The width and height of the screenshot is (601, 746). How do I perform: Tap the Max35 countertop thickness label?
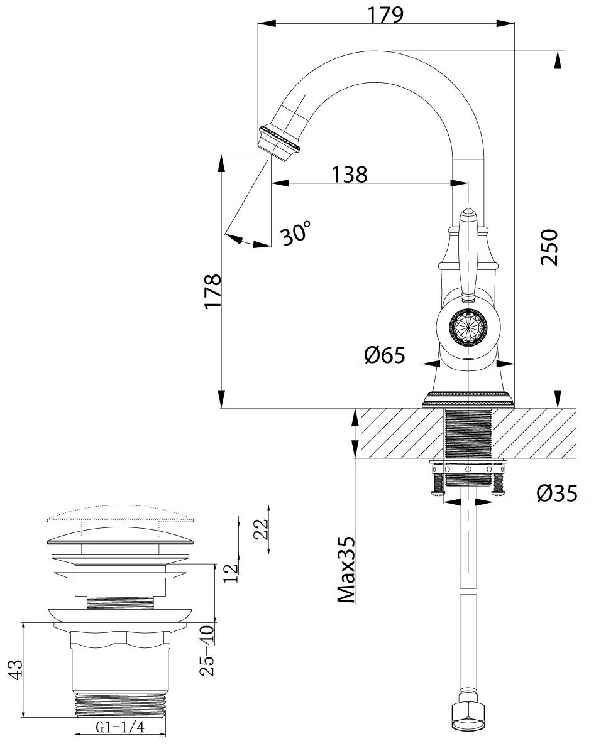(x=346, y=571)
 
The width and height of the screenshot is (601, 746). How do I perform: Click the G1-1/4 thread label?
(x=121, y=728)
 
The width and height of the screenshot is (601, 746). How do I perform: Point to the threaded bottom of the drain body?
(x=121, y=703)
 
